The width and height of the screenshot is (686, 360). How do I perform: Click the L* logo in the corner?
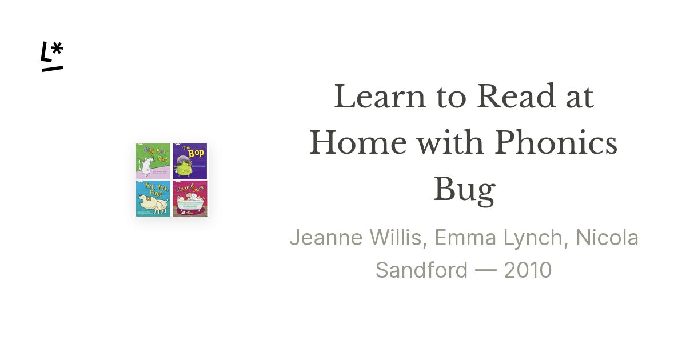coord(52,57)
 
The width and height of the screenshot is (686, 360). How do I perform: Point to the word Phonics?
coord(556,143)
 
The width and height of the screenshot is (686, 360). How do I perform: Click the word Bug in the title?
coord(464,190)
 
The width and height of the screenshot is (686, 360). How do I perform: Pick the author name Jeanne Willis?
coord(355,238)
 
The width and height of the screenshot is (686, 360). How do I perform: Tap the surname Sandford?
coord(421,270)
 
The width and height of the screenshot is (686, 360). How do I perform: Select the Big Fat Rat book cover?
coord(153,161)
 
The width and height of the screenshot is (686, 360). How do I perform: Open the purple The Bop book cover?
coord(190,161)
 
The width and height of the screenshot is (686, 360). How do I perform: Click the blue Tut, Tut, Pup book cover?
coord(153,199)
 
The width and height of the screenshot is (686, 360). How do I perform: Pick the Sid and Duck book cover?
coord(190,199)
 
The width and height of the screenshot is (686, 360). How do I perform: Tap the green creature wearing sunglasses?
coord(189,165)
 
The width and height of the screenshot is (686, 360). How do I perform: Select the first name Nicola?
coord(607,238)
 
